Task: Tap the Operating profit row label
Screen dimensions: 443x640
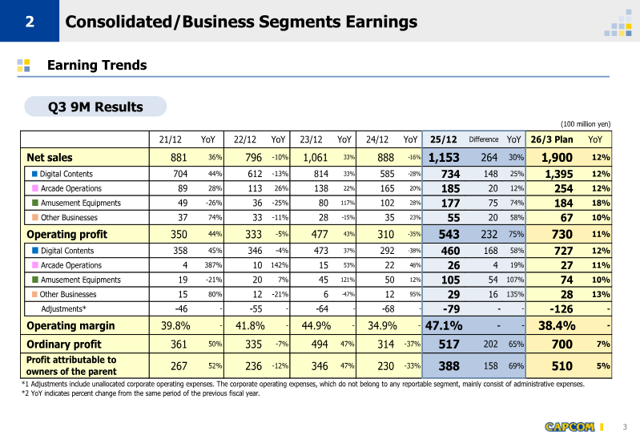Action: tap(62, 234)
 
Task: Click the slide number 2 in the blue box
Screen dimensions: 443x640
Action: tap(29, 22)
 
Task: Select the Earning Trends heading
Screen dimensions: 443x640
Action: tap(97, 66)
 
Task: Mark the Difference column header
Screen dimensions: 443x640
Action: tap(484, 139)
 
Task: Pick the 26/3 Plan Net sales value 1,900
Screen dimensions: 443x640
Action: tap(557, 158)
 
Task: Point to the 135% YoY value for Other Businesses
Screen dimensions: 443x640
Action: tap(513, 294)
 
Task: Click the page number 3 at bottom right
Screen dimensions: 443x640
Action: tap(624, 425)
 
